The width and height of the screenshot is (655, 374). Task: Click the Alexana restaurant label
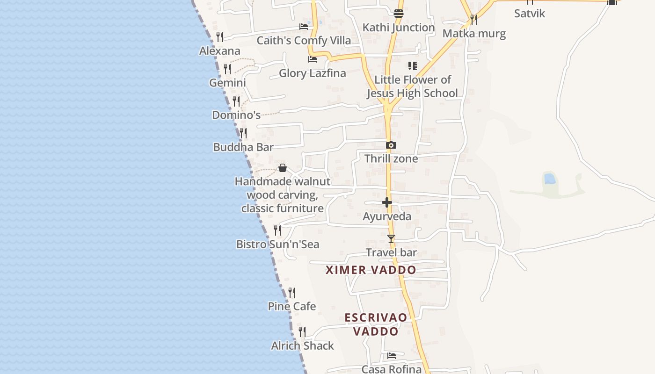[x=219, y=50]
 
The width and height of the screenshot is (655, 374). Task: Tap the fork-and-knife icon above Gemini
[x=227, y=69]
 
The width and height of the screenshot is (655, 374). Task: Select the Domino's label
[x=236, y=115]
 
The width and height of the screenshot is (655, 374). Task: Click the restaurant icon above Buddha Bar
[x=243, y=133]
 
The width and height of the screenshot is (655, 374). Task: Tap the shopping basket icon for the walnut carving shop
[x=283, y=168]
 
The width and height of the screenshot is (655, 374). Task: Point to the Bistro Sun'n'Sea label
[x=277, y=244]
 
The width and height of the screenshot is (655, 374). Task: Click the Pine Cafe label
[x=291, y=306]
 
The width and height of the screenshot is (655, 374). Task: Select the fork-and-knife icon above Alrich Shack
[x=302, y=332]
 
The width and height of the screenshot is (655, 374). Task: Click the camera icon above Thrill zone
[x=391, y=145]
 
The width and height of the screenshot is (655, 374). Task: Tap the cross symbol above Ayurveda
[x=387, y=202]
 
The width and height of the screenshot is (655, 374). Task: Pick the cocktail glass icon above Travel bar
[x=391, y=239]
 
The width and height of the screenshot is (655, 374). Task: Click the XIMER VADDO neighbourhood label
[x=371, y=270]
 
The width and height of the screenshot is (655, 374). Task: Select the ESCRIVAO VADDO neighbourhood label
[x=376, y=324]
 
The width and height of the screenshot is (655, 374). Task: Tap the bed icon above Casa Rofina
[x=392, y=356]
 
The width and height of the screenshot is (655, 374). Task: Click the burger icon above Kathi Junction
[x=399, y=14]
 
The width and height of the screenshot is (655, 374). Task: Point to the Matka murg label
[x=474, y=34]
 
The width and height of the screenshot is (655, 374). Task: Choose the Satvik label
[x=530, y=13]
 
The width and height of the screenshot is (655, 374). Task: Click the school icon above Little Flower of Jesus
[x=412, y=66]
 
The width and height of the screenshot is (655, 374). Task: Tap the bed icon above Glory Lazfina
[x=313, y=59]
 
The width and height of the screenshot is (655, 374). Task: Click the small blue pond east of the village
[x=550, y=179]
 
